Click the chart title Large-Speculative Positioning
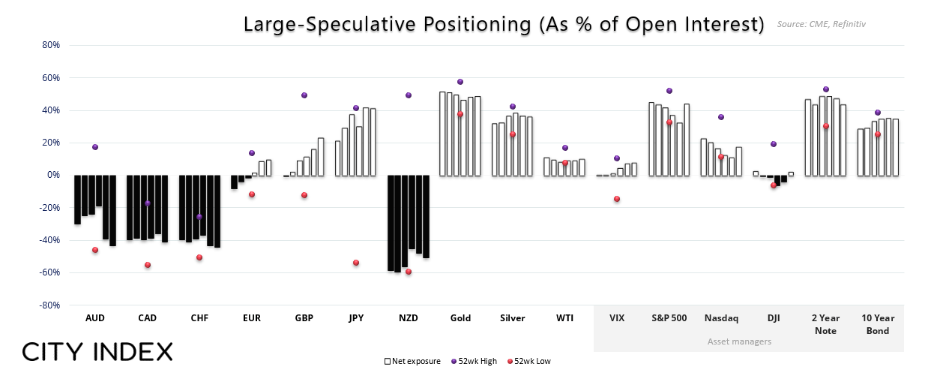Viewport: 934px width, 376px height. coord(503,24)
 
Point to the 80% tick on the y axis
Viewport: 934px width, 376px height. coord(50,45)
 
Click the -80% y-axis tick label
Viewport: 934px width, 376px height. coord(49,305)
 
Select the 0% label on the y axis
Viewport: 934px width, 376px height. coord(53,175)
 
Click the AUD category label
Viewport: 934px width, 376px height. coord(95,318)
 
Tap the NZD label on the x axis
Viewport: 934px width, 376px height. coord(409,318)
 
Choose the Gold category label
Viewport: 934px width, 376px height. coord(460,318)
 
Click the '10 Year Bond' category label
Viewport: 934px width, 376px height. coord(878,324)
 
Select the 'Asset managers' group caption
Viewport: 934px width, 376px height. coord(739,341)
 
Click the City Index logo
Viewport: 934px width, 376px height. coord(97,351)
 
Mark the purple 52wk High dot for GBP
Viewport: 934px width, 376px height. coord(304,95)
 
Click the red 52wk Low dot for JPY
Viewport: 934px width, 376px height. coord(356,263)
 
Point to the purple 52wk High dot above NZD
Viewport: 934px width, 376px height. coord(409,95)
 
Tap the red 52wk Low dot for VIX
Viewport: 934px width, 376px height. coord(617,199)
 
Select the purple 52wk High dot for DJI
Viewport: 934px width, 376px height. coord(774,144)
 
